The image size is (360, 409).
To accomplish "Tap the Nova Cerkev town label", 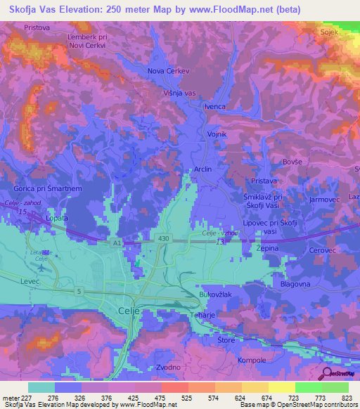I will point(169,71).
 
